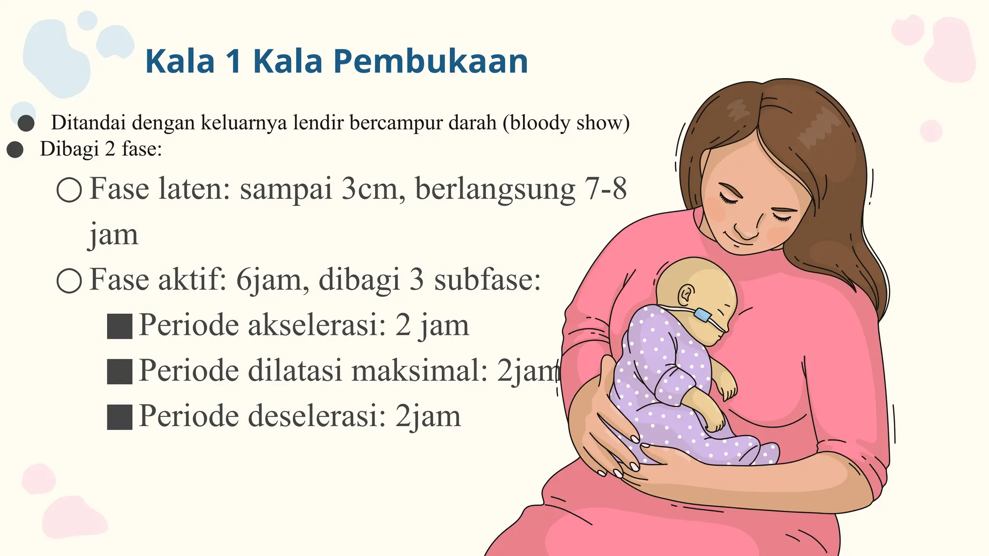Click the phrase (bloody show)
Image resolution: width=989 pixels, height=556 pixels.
coord(566,123)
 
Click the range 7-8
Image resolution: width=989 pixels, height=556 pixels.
coord(606,189)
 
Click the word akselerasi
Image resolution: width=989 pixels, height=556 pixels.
coord(317,325)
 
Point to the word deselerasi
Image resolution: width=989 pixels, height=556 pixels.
coord(317,416)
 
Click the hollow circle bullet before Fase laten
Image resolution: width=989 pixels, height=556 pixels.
coord(69,190)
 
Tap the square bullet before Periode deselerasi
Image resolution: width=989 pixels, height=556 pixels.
coord(119,417)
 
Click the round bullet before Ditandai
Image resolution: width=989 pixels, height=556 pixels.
coord(26,124)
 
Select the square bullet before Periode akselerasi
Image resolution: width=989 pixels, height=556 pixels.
coord(119,327)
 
